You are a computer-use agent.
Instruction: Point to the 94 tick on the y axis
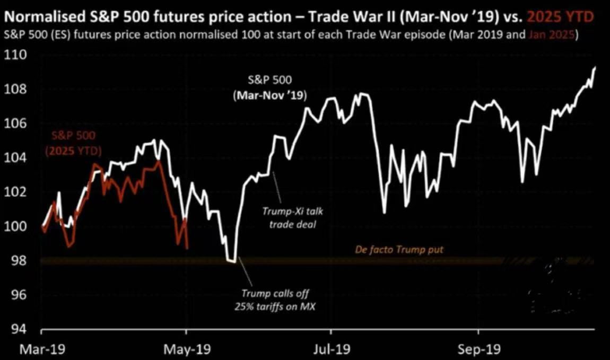18,329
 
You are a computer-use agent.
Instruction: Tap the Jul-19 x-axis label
330,349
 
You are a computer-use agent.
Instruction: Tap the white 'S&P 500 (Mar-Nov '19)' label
270,88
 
